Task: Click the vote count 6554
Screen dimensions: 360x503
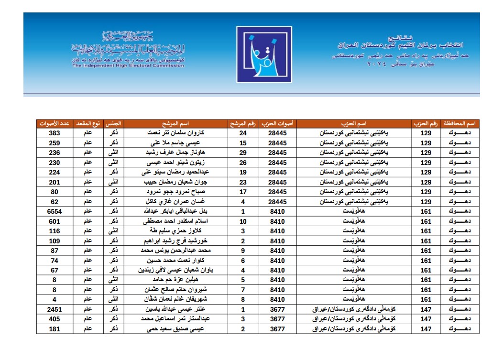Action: (x=54, y=211)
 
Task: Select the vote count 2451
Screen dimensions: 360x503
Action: (x=54, y=309)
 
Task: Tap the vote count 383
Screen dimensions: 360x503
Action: (x=54, y=133)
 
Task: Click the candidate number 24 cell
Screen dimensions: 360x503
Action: (x=243, y=133)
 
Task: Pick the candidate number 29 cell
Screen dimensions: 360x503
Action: (x=243, y=153)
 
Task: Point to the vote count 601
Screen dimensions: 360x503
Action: (x=54, y=221)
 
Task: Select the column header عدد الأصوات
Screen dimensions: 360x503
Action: (x=54, y=123)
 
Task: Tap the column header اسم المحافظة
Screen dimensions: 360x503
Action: (x=459, y=123)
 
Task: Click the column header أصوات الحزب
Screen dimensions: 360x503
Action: (x=277, y=123)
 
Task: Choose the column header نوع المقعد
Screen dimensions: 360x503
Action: (x=88, y=123)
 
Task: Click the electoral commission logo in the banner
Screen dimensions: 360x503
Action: (x=264, y=55)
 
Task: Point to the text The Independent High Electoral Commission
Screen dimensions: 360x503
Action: (x=128, y=65)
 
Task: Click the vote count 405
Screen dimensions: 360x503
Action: (x=54, y=319)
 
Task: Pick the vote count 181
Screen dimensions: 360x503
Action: (x=54, y=329)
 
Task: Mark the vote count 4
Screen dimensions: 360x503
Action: (x=54, y=299)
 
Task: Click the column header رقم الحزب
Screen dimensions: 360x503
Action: (x=426, y=123)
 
